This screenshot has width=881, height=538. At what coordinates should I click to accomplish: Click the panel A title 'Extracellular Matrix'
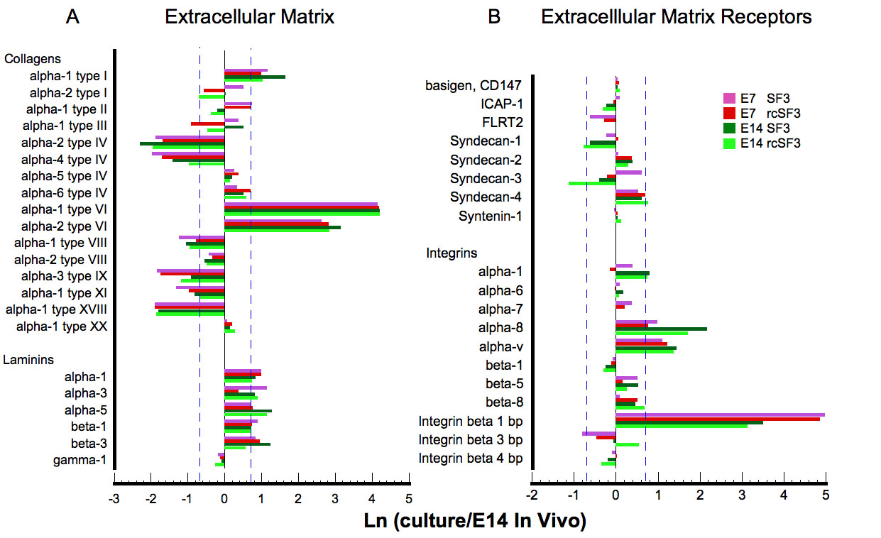pyautogui.click(x=249, y=17)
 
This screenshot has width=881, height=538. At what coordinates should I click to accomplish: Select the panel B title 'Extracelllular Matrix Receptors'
pyautogui.click(x=677, y=17)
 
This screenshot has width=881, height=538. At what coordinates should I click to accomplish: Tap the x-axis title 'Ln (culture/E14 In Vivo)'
pyautogui.click(x=474, y=522)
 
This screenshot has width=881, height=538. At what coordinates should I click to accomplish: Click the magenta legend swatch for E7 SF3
pyautogui.click(x=728, y=98)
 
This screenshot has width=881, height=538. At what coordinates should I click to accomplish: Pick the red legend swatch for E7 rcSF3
pyautogui.click(x=728, y=113)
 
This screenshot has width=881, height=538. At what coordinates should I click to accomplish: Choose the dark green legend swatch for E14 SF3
pyautogui.click(x=728, y=128)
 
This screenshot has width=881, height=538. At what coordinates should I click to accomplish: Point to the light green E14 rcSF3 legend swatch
pyautogui.click(x=728, y=143)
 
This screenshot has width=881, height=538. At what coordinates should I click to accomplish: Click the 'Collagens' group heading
pyautogui.click(x=33, y=59)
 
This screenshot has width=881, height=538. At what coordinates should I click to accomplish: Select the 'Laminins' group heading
pyautogui.click(x=30, y=360)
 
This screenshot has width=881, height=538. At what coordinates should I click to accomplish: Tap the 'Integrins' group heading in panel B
pyautogui.click(x=452, y=253)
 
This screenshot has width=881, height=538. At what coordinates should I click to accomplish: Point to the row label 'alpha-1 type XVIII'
pyautogui.click(x=56, y=309)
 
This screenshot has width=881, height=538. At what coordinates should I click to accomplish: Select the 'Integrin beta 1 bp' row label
pyautogui.click(x=471, y=421)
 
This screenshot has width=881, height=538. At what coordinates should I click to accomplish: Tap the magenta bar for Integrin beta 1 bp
pyautogui.click(x=720, y=415)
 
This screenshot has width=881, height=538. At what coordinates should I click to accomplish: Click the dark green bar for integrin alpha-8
pyautogui.click(x=661, y=329)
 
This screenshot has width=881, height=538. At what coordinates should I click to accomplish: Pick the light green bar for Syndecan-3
pyautogui.click(x=592, y=183)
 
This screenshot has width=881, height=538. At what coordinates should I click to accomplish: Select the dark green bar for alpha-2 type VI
pyautogui.click(x=283, y=227)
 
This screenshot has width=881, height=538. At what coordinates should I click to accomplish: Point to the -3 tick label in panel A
pyautogui.click(x=114, y=498)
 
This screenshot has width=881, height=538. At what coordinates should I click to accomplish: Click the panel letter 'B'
pyautogui.click(x=495, y=17)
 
